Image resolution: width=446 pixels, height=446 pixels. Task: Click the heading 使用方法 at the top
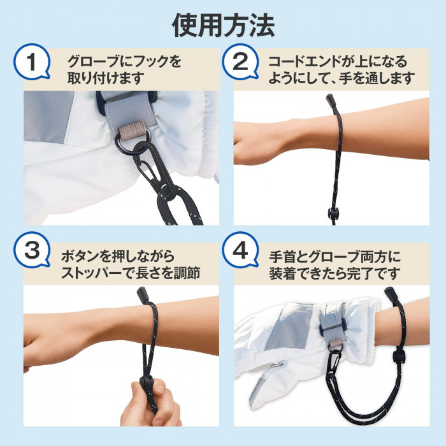223,25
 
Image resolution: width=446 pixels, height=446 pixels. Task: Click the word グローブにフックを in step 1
124,62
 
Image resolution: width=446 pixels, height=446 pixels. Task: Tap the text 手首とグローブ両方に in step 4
334,257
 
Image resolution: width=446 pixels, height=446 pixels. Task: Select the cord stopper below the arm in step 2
333,212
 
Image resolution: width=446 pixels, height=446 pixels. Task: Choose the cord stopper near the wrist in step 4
399,355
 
